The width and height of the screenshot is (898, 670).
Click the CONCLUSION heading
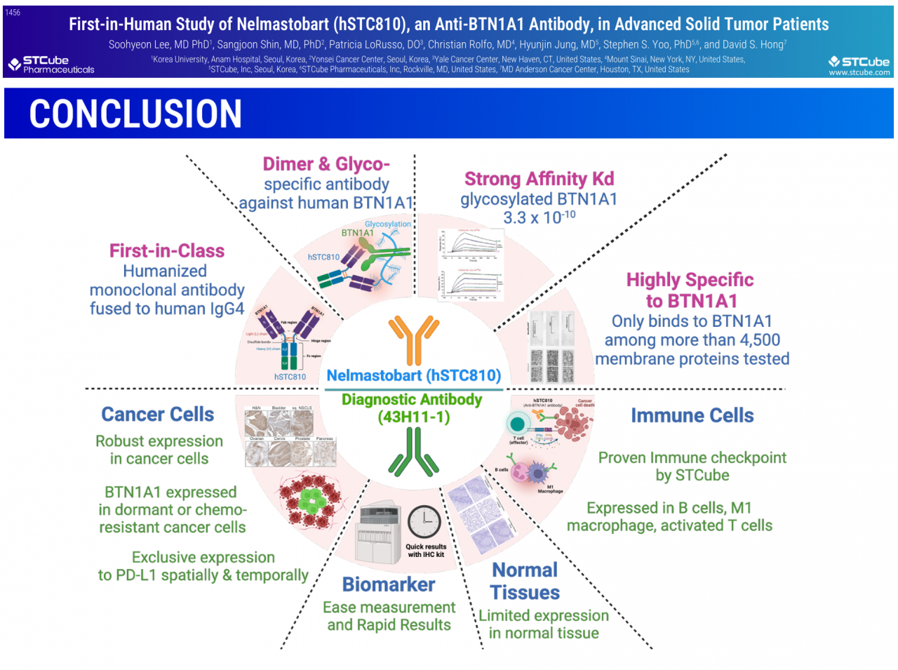[x=135, y=114]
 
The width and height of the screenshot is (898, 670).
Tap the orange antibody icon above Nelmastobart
[x=414, y=340]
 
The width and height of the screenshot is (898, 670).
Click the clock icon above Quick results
[x=424, y=523]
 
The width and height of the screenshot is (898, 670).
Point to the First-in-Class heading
[x=167, y=251]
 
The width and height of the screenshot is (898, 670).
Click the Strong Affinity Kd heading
[x=539, y=179]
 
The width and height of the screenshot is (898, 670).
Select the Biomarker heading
[x=389, y=584]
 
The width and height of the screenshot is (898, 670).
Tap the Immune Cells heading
[x=692, y=415]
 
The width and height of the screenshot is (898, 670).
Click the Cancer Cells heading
[x=158, y=415]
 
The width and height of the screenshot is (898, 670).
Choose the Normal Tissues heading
[x=525, y=581]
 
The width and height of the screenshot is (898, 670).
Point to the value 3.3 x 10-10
[x=539, y=217]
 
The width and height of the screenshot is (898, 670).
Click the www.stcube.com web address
[x=859, y=72]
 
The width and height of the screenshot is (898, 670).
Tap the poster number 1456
[x=13, y=13]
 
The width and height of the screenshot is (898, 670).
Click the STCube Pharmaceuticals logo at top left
[x=51, y=65]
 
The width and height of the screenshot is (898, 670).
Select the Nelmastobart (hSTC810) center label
[x=414, y=375]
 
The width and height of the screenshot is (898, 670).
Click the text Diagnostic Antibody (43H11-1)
[x=413, y=408]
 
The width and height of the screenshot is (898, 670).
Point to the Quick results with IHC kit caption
[x=426, y=551]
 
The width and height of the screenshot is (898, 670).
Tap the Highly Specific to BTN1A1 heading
[x=690, y=290]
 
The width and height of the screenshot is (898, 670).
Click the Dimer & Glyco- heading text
[x=326, y=164]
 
